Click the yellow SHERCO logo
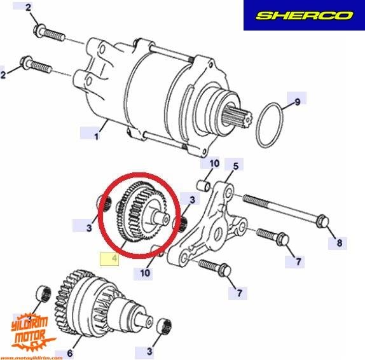pos(304,15)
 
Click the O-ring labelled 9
pos(270,127)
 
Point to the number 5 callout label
pos(235,167)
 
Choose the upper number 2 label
pos(28,8)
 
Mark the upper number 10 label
pos(214,164)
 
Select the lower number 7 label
pos(240,293)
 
